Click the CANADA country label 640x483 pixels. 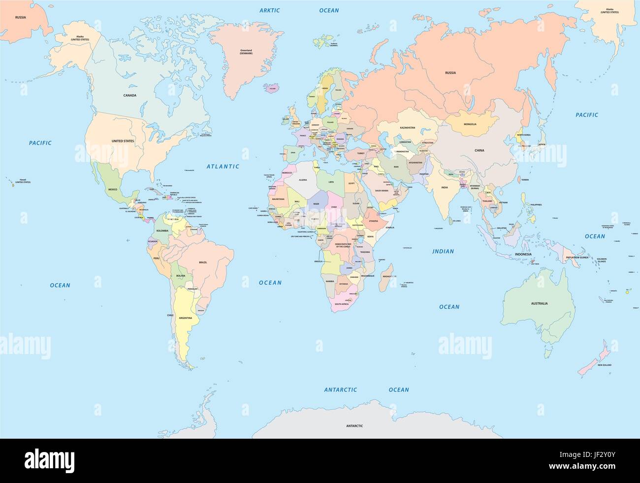click(130, 96)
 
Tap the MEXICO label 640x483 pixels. click(113, 190)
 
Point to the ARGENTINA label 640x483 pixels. click(186, 318)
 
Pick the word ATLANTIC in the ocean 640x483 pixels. click(223, 167)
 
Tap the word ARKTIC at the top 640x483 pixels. click(269, 10)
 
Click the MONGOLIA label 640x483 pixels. click(469, 124)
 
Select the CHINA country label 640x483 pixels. click(479, 151)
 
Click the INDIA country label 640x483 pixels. click(445, 188)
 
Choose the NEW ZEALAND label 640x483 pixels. click(605, 365)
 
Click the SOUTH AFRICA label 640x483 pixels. click(342, 304)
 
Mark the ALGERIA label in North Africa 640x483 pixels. click(299, 180)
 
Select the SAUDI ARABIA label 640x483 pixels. click(382, 190)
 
